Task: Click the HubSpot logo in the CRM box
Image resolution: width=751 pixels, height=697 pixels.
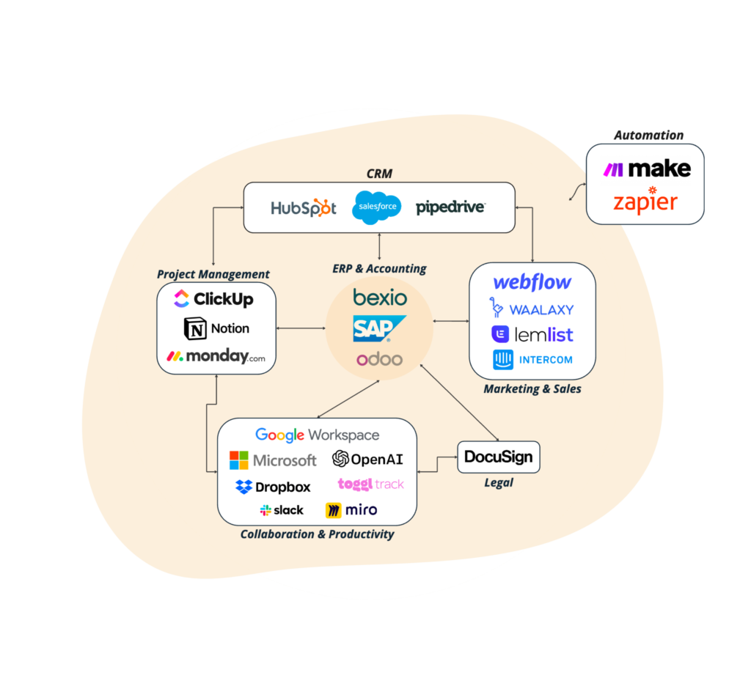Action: tap(304, 207)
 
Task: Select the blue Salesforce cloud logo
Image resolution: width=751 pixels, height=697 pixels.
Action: tap(378, 207)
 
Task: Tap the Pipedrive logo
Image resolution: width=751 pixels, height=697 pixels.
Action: tap(450, 207)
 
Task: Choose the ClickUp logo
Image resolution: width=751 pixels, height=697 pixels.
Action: tap(214, 299)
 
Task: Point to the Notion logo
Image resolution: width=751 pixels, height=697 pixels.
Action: tap(216, 328)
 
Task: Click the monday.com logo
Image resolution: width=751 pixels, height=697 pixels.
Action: tap(216, 357)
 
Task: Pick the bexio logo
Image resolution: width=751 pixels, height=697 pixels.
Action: tap(379, 298)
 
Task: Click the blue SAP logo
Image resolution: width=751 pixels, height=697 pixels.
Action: tap(378, 329)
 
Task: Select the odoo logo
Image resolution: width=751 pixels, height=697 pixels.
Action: tap(379, 359)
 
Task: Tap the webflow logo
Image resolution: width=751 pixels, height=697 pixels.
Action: tap(532, 282)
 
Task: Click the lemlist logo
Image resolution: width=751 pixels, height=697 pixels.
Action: tap(532, 334)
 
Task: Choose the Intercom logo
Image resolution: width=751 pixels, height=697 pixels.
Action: tap(532, 360)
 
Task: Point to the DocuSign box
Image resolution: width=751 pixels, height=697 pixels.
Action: tap(499, 457)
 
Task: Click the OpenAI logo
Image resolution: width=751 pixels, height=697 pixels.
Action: tap(367, 460)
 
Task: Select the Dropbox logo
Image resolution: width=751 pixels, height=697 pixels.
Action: tap(273, 487)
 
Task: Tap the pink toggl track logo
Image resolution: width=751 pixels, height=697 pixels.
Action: tap(370, 484)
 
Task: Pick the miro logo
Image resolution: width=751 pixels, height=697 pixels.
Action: tap(351, 510)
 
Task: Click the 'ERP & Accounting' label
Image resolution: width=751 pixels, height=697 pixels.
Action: tap(379, 268)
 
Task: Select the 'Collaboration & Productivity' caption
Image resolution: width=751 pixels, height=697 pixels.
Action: tap(317, 534)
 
